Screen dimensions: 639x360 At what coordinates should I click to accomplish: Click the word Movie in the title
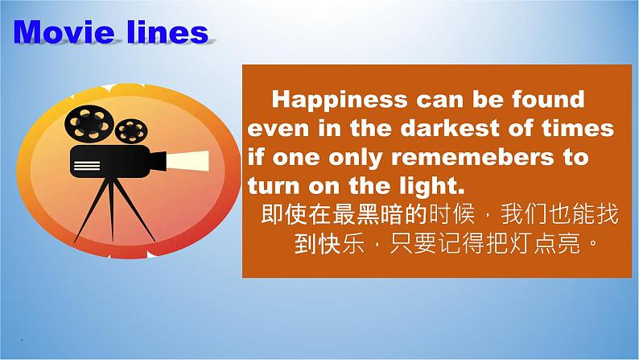(64, 31)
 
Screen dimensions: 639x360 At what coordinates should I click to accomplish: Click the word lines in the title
(168, 31)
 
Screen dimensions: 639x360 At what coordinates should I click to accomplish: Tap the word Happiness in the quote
(340, 100)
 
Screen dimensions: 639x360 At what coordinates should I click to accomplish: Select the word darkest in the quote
(450, 128)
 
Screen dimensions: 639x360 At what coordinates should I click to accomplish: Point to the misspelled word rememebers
(472, 157)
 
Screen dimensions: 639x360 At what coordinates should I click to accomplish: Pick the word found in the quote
(548, 100)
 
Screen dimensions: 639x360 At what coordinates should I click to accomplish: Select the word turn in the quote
(274, 187)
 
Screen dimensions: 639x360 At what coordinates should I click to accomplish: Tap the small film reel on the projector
(131, 131)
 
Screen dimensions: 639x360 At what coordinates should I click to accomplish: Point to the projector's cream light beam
(188, 161)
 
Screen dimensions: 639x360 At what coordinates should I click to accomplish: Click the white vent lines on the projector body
(86, 166)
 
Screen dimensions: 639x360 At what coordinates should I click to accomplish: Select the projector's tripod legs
(113, 210)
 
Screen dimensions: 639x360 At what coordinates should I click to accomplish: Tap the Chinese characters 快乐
(340, 244)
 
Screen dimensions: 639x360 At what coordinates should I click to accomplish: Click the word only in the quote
(357, 158)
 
